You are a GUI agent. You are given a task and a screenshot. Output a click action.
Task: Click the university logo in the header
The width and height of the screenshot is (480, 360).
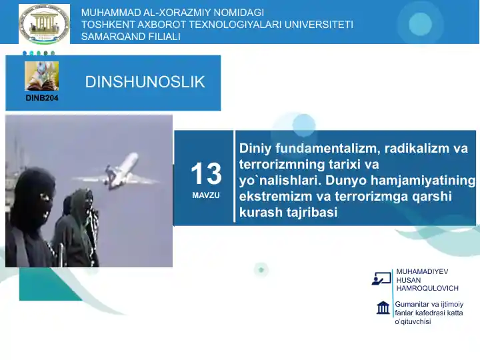(x=44, y=23)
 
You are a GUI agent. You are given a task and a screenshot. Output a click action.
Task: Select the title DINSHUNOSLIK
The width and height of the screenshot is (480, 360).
(x=145, y=82)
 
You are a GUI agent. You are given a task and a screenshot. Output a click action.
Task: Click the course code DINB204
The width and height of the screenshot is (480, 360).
(x=41, y=98)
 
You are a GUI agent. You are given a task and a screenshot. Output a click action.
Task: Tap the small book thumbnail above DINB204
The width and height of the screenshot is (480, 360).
(x=42, y=76)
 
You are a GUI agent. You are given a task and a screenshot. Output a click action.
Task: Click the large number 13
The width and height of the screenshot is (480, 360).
(x=205, y=174)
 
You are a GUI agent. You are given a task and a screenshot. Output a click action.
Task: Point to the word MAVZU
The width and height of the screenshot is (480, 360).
(x=205, y=196)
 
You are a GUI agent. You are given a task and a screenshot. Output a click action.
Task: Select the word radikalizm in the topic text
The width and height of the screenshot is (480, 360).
(x=414, y=149)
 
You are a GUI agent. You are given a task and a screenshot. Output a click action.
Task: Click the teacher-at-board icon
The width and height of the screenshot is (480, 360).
(x=381, y=279)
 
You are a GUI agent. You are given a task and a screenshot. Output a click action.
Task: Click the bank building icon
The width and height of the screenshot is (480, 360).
(x=383, y=308)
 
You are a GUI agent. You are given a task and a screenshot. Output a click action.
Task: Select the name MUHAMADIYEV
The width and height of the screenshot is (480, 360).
(x=422, y=272)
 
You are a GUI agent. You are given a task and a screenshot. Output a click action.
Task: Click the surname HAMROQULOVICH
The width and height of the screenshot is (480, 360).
(x=427, y=288)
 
